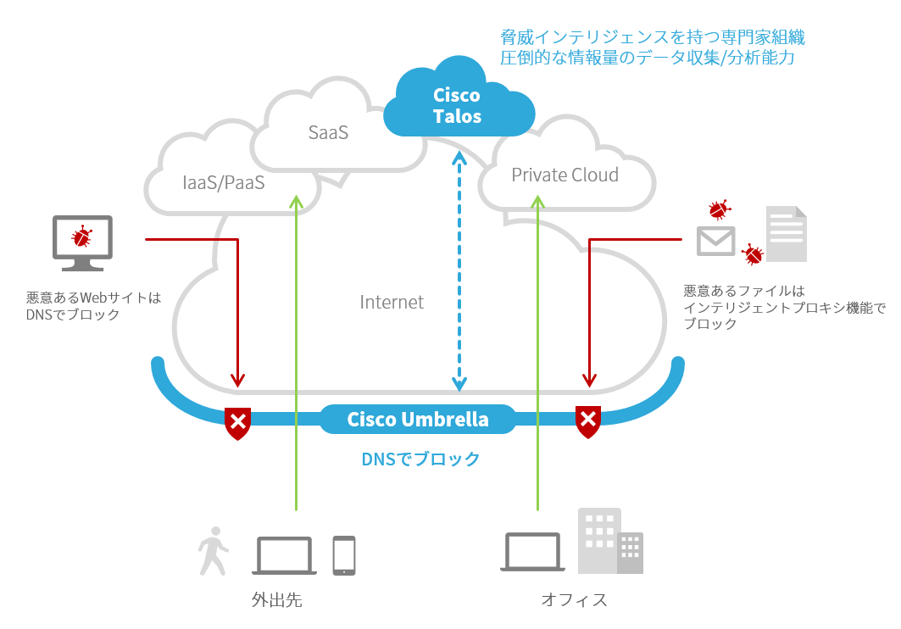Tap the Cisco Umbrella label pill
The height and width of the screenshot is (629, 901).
(418, 420)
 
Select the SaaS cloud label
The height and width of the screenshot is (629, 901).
(328, 133)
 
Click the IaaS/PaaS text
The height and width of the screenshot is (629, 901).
(224, 181)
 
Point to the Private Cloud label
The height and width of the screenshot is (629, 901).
(565, 175)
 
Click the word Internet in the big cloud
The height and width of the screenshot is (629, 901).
(392, 302)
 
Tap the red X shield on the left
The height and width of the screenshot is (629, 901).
(238, 421)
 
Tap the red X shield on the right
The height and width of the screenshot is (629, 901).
(588, 421)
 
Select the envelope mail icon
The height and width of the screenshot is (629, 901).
(715, 241)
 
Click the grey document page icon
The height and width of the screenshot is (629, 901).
(786, 233)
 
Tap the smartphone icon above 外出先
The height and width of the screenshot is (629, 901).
(343, 555)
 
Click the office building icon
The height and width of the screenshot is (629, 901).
(609, 543)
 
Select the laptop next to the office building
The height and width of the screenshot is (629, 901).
(533, 553)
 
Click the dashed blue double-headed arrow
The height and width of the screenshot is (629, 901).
(459, 271)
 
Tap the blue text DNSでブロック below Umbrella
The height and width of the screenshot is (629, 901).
(420, 459)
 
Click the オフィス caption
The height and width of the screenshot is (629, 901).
(574, 600)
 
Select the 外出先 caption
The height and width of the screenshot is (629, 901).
(276, 600)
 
